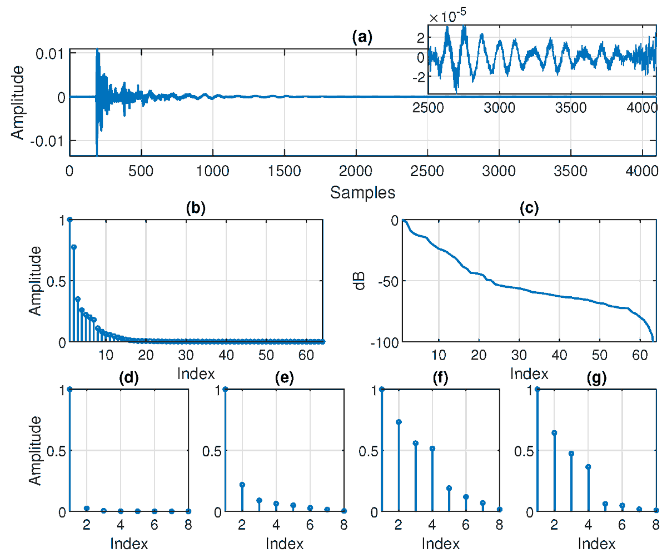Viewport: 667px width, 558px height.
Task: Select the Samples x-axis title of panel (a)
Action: pos(362,193)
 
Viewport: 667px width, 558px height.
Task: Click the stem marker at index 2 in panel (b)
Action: pos(74,247)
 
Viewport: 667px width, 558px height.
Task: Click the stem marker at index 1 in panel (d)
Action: pos(69,389)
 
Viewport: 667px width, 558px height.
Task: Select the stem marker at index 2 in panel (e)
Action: pos(242,485)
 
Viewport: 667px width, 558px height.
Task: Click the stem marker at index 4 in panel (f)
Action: pos(432,449)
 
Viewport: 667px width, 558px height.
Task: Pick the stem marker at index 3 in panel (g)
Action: pos(571,454)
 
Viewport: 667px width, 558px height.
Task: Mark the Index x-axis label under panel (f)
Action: pos(441,543)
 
